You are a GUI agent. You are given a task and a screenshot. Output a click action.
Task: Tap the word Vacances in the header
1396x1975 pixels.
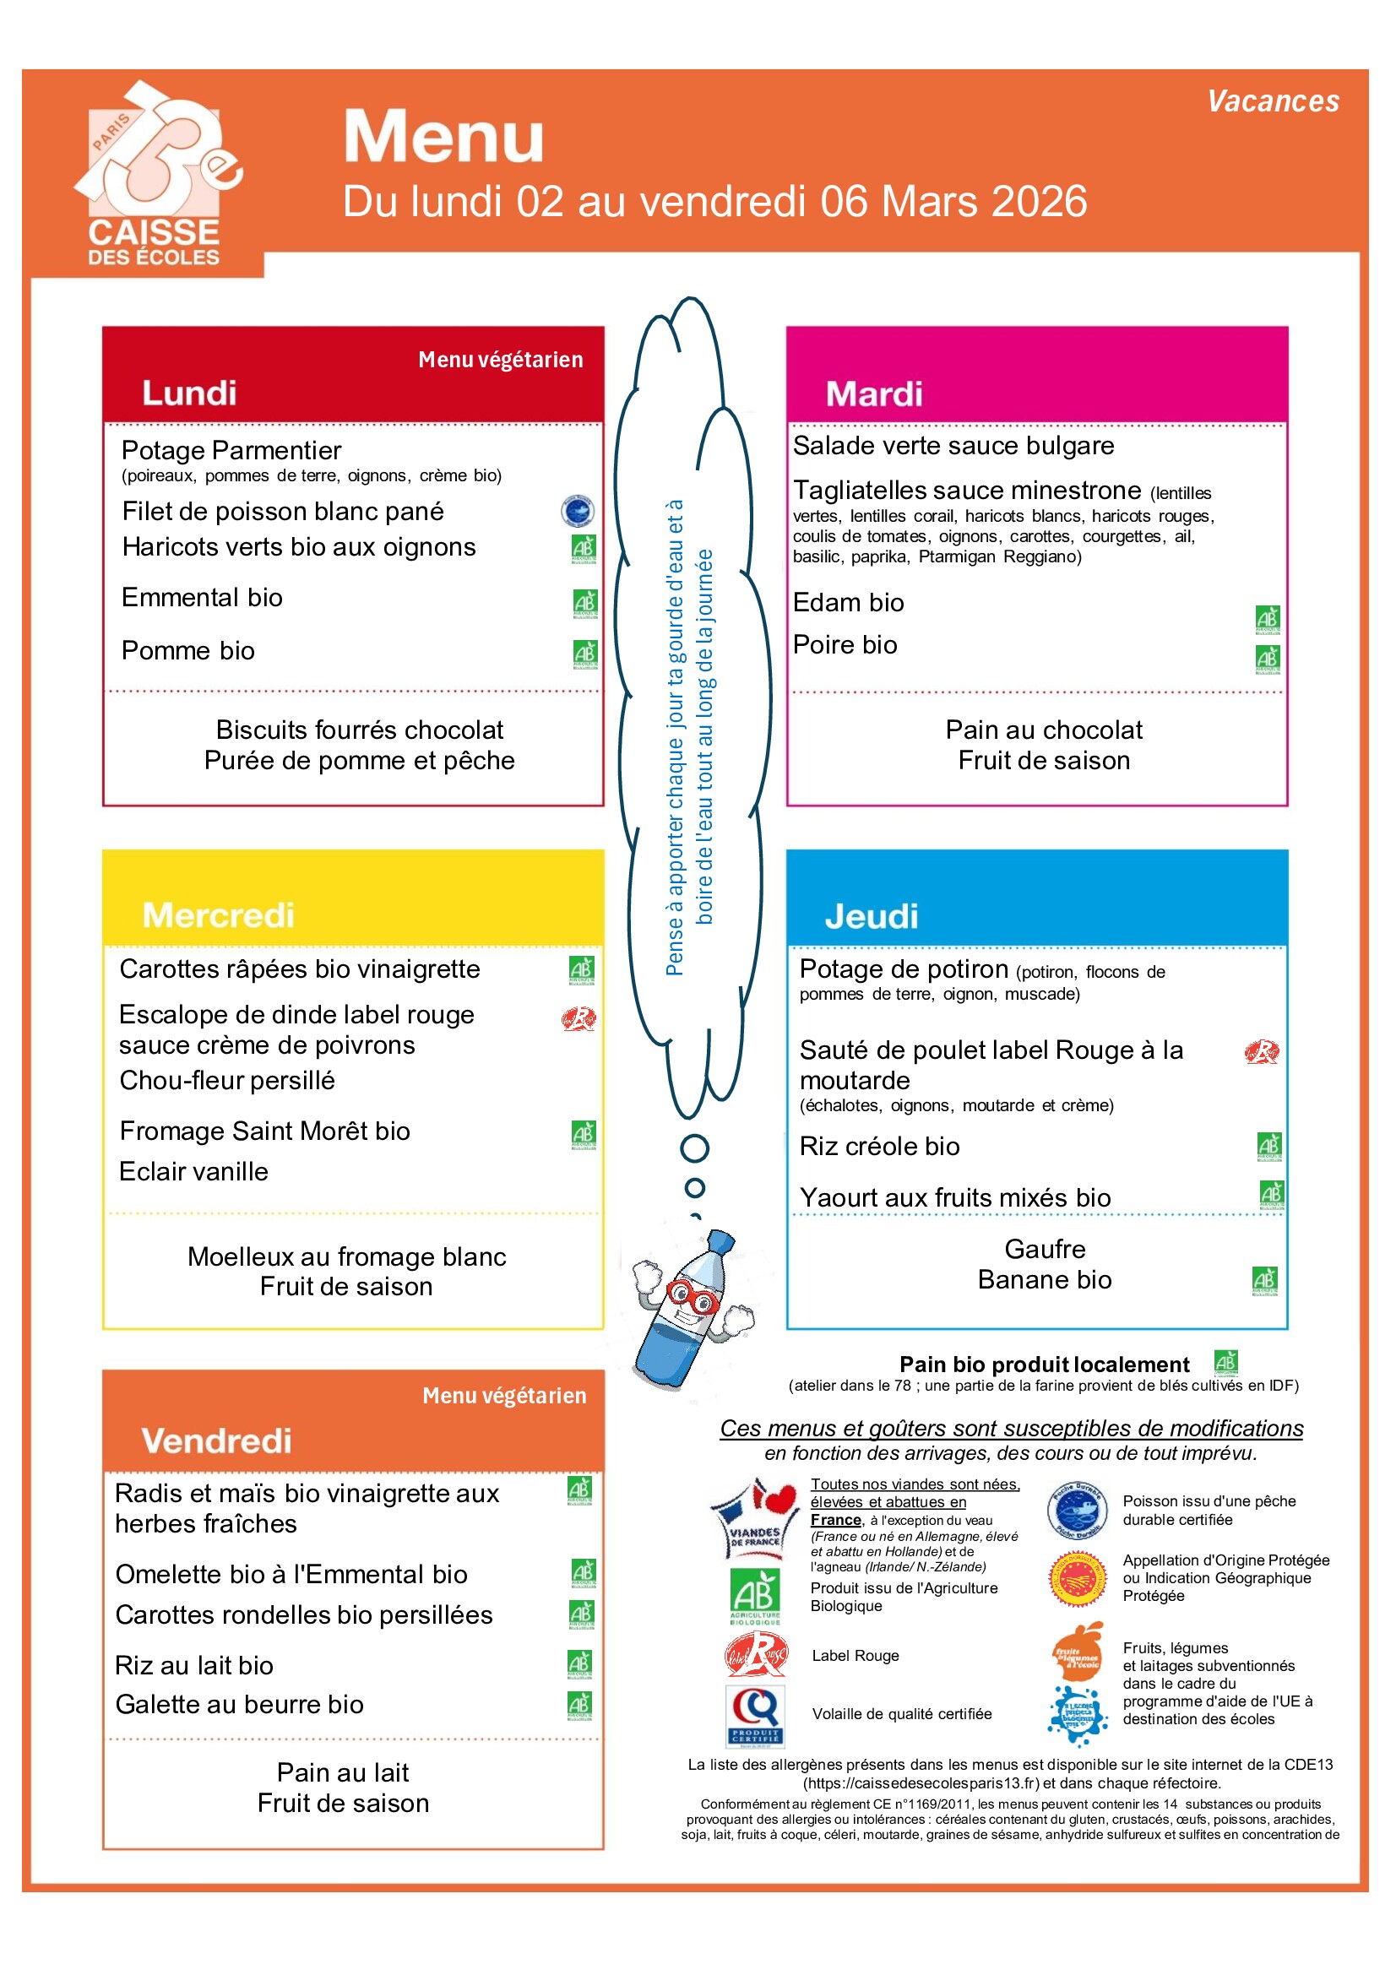(x=1272, y=101)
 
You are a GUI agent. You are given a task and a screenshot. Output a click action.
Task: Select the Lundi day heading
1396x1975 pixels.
(x=189, y=393)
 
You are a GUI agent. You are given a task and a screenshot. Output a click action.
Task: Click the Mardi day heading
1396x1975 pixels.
(x=873, y=394)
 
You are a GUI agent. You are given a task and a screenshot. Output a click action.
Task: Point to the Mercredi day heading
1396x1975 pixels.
(x=219, y=915)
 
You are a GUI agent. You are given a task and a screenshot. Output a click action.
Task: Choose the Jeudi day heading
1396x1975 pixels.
(x=872, y=916)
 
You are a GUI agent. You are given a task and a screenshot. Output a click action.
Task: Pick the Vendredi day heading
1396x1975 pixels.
(x=217, y=1441)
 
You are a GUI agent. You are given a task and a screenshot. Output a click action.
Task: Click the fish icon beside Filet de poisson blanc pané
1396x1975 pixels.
(x=577, y=511)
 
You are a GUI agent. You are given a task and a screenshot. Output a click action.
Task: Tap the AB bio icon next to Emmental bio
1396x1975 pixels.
(x=585, y=603)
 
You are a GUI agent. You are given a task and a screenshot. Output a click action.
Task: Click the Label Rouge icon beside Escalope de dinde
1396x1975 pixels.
(x=578, y=1019)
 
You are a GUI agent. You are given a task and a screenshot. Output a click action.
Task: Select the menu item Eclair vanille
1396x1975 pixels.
(x=193, y=1172)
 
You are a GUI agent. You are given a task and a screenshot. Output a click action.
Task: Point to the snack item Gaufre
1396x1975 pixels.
(x=1044, y=1249)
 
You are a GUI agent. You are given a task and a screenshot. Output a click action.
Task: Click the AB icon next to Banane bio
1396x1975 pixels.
(x=1264, y=1281)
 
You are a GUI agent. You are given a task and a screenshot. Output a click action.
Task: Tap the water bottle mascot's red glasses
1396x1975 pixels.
(x=693, y=1295)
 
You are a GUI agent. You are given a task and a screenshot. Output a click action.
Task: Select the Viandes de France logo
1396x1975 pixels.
(x=755, y=1518)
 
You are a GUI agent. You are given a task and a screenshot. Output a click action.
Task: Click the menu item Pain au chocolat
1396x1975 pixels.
(x=1043, y=730)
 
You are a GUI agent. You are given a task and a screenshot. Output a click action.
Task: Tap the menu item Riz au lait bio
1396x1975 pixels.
(x=194, y=1665)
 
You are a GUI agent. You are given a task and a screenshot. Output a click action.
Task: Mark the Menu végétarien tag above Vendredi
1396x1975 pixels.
(x=504, y=1395)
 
